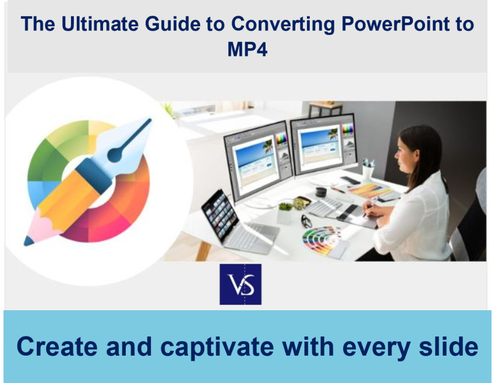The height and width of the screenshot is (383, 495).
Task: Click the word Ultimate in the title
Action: pos(100,24)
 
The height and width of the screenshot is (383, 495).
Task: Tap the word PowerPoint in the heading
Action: pos(395,24)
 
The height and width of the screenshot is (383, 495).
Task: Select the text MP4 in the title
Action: pos(248,49)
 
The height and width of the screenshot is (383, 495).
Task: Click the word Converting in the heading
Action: pos(283,24)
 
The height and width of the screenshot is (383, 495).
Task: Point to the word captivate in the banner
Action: pos(217,347)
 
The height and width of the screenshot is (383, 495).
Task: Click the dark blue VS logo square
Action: pos(241,284)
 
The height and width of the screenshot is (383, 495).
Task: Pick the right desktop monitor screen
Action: pos(324,145)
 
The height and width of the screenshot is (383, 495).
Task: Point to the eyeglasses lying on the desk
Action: pos(306,221)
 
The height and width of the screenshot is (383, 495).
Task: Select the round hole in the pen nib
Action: pos(115,155)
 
